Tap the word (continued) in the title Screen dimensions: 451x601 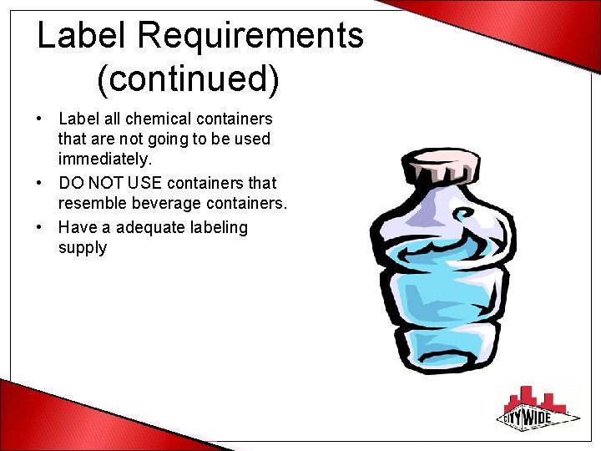tap(188, 79)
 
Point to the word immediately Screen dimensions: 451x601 tap(105, 158)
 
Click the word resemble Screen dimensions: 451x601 tap(91, 203)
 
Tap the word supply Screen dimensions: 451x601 tap(83, 248)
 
